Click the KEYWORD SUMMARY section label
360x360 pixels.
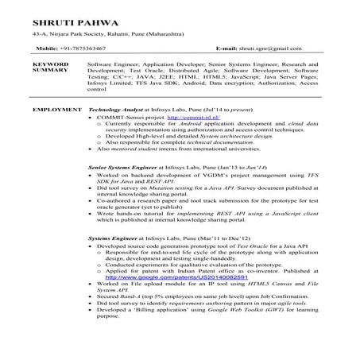(x=48, y=66)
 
